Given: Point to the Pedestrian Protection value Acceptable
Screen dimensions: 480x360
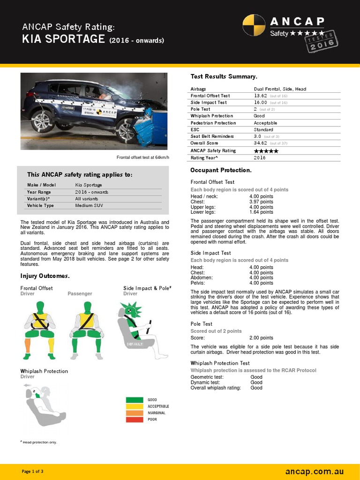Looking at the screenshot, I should pyautogui.click(x=265, y=123).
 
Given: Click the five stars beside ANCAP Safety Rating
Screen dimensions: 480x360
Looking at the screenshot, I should pyautogui.click(x=266, y=151).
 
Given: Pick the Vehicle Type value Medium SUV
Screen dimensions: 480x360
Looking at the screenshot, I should pyautogui.click(x=89, y=205).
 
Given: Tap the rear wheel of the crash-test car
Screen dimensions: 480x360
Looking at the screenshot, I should pyautogui.click(x=42, y=121).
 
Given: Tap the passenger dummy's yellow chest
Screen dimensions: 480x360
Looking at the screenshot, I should pyautogui.click(x=86, y=320).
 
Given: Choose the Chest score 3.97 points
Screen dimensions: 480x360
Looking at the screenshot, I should pyautogui.click(x=261, y=202).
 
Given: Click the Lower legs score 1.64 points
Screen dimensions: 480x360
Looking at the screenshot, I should pyautogui.click(x=261, y=212).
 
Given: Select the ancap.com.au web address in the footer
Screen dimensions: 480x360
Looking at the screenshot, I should pyautogui.click(x=315, y=471).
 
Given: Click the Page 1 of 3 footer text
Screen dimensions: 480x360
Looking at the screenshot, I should pyautogui.click(x=33, y=471).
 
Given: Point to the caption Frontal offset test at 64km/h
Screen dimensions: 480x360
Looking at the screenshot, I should pyautogui.click(x=142, y=157).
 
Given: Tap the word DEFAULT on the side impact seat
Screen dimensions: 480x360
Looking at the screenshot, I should pyautogui.click(x=134, y=344).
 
